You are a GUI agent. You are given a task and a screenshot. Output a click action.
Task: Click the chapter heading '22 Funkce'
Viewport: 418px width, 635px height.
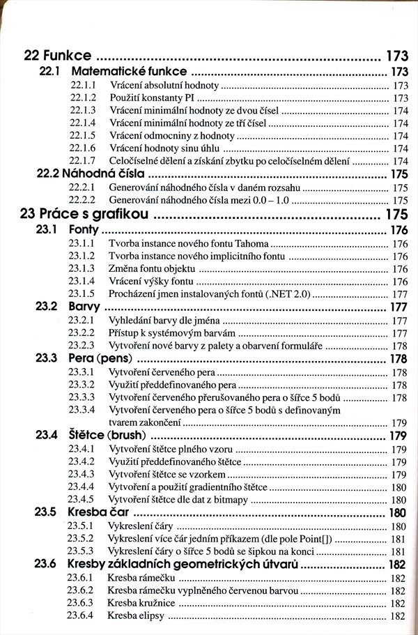(x=57, y=54)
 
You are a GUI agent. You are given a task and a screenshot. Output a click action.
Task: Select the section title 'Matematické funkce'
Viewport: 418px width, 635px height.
(x=128, y=71)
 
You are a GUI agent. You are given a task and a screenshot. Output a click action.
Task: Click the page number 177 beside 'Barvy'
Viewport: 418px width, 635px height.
(x=398, y=307)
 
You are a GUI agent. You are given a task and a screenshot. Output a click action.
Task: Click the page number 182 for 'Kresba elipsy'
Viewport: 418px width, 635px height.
(x=398, y=616)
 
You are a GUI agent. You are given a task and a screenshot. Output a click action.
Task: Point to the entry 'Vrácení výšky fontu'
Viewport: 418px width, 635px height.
(x=150, y=282)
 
